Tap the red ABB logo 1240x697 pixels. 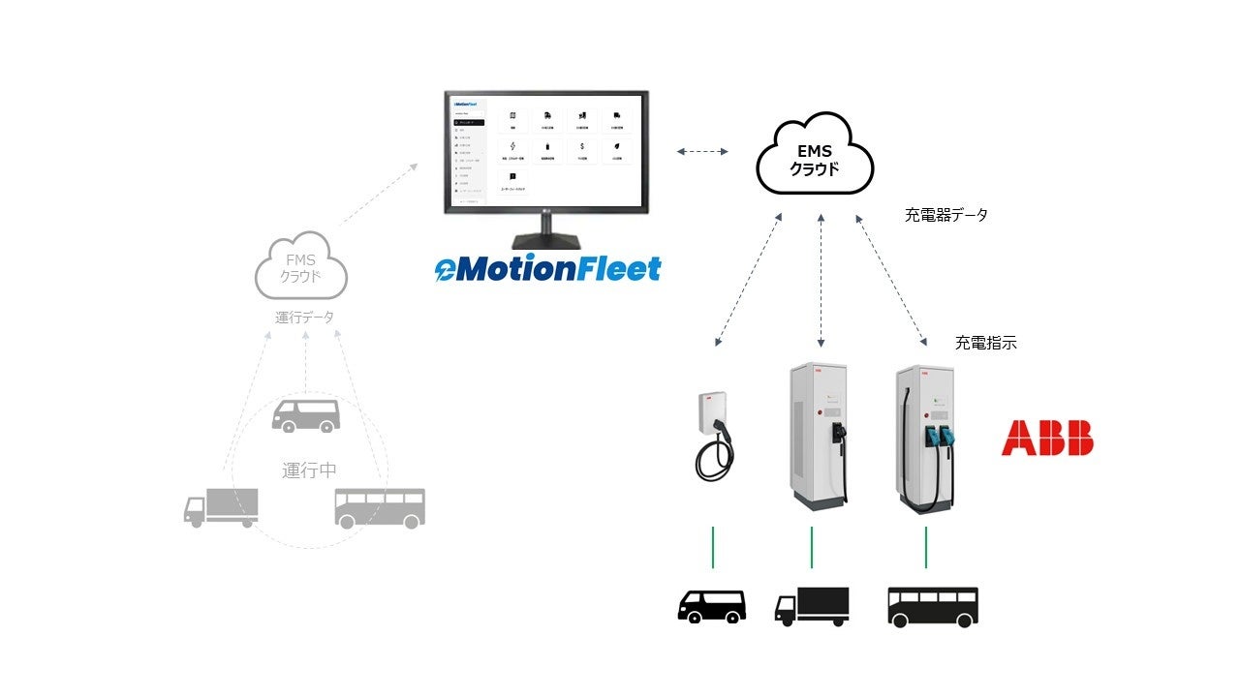(x=1047, y=438)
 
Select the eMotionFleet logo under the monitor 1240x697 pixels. (x=548, y=268)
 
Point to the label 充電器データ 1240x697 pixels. (x=946, y=215)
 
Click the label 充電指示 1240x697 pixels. (x=986, y=343)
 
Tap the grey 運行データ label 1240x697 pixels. (x=304, y=317)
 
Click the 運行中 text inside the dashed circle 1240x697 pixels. (x=309, y=470)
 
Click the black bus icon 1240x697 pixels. (x=932, y=606)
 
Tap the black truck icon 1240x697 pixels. (x=812, y=606)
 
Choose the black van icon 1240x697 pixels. (x=711, y=606)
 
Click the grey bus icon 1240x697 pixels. (x=380, y=507)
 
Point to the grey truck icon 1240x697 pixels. (x=221, y=507)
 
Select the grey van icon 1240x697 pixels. (x=306, y=414)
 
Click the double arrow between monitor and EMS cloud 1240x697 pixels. (x=702, y=151)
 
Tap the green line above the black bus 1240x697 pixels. (x=926, y=547)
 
